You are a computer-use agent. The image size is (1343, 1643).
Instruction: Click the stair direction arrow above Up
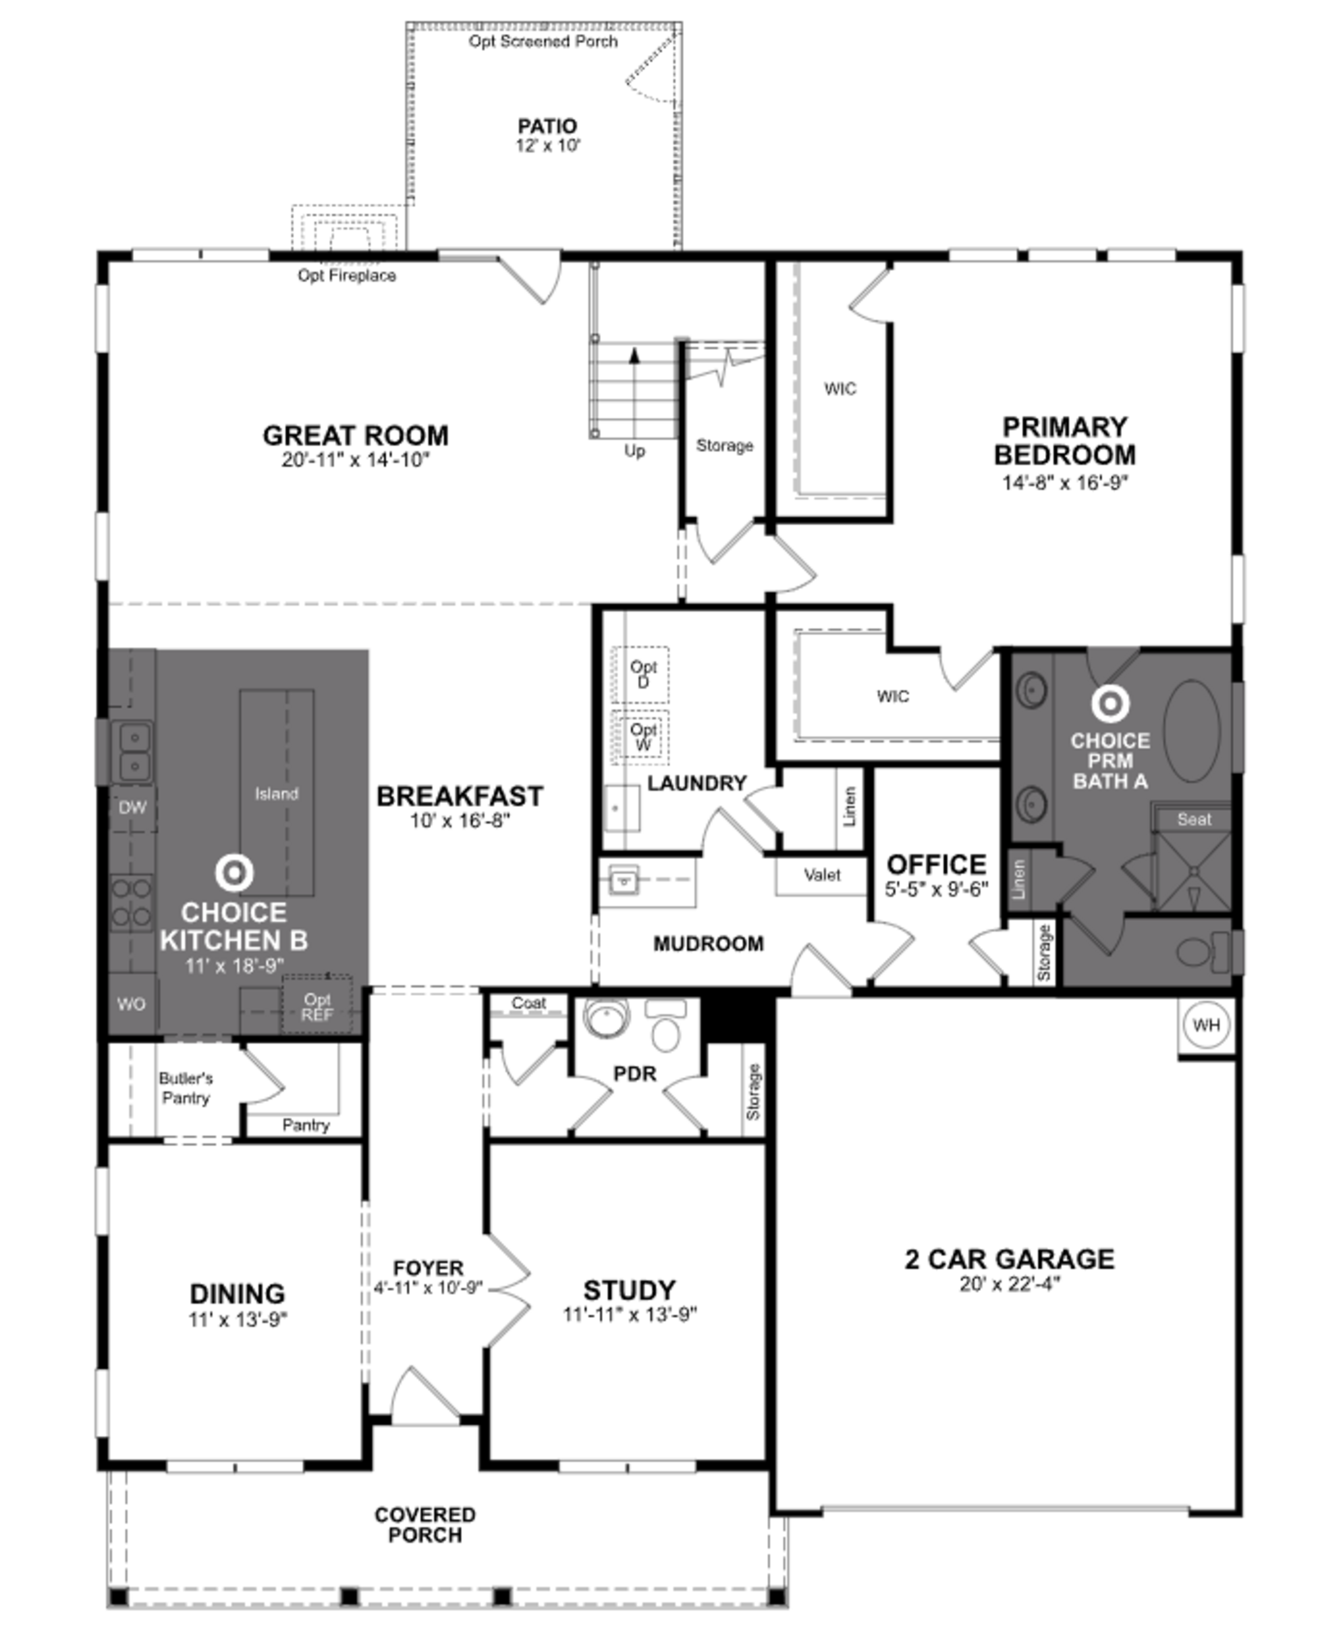pos(634,357)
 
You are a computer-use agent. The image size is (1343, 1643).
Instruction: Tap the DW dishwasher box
pos(132,808)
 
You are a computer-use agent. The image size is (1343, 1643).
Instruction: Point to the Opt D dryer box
pos(641,674)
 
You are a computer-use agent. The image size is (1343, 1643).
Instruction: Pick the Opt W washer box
pos(641,737)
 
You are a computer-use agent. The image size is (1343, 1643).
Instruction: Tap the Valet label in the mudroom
pos(822,875)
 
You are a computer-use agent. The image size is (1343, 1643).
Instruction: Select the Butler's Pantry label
pos(186,1088)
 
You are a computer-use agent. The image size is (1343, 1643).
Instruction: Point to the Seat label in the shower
pos(1194,819)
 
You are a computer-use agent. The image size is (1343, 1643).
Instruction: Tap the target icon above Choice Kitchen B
pos(234,873)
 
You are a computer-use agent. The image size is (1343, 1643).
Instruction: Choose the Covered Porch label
pos(425,1525)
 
